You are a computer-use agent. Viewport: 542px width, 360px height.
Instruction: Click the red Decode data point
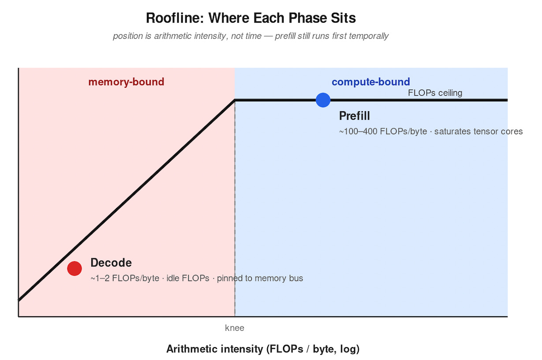(x=75, y=268)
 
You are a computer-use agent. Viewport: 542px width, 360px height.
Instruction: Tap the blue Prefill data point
(x=323, y=100)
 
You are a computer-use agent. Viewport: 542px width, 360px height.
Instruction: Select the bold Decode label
(x=111, y=263)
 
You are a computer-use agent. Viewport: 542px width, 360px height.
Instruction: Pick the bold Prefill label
(x=354, y=116)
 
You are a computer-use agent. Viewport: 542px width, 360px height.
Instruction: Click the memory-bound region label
(x=126, y=82)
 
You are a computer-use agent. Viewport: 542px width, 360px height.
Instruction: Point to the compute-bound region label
(x=370, y=82)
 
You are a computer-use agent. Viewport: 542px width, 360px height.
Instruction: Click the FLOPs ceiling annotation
(x=435, y=93)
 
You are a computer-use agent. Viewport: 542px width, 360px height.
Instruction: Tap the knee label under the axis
(x=235, y=328)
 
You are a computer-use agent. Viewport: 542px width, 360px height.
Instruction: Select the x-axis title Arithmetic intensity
(x=215, y=349)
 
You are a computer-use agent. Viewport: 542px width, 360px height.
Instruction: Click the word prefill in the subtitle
(x=287, y=36)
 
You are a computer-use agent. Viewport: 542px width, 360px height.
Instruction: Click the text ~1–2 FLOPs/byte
(x=125, y=278)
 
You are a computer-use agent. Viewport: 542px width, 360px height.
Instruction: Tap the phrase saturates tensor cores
(x=478, y=131)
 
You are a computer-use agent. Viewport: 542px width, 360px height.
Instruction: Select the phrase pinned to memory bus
(x=260, y=278)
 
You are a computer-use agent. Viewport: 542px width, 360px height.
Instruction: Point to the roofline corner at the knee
(x=235, y=100)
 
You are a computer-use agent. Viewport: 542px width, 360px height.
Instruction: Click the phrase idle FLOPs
(x=188, y=278)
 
